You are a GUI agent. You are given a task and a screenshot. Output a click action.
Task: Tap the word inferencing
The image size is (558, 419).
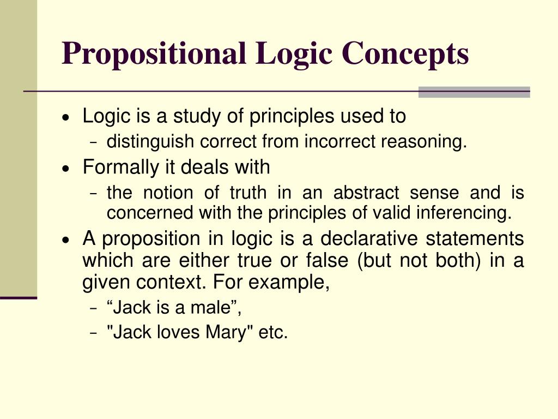coord(469,213)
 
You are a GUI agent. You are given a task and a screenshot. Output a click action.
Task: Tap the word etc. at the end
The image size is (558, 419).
coord(273,332)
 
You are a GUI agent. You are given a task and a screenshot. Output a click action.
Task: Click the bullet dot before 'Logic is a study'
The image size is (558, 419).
coord(66,117)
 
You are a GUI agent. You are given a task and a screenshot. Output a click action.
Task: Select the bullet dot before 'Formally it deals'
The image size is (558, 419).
coord(66,168)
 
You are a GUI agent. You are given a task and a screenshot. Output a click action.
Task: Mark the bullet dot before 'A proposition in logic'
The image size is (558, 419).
coord(66,240)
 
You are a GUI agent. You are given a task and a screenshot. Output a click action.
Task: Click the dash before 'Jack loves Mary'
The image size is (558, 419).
coord(94,333)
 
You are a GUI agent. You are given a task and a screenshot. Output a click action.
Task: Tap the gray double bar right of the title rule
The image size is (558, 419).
coord(474,92)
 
